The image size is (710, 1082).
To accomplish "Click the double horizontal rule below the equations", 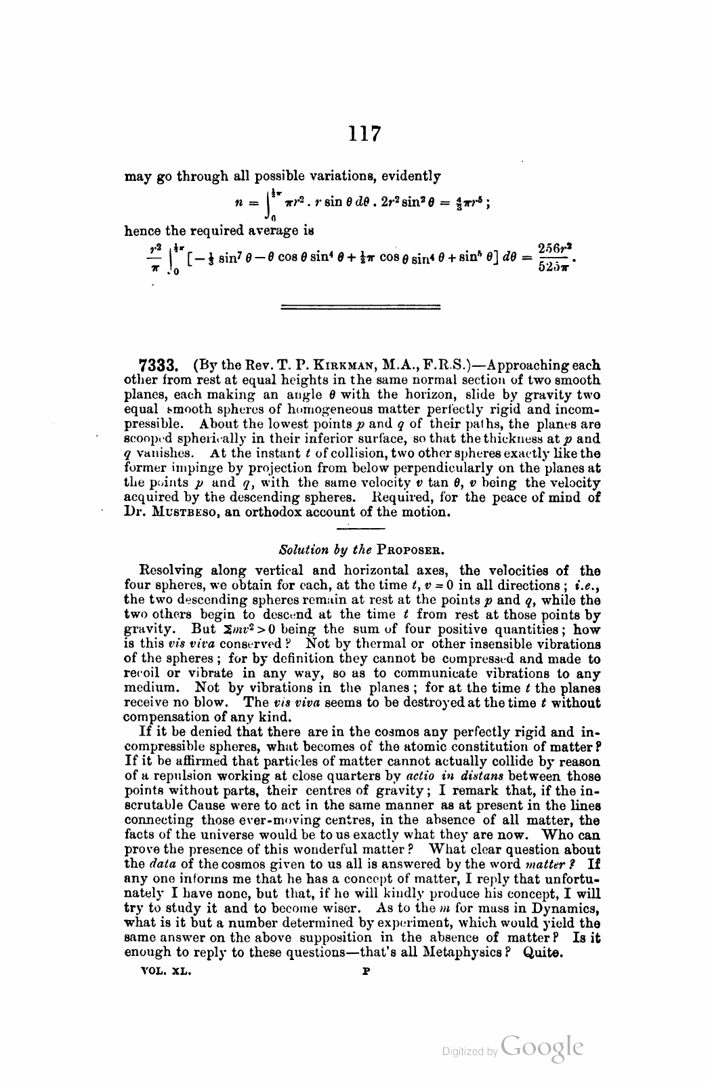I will pos(360,308).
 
